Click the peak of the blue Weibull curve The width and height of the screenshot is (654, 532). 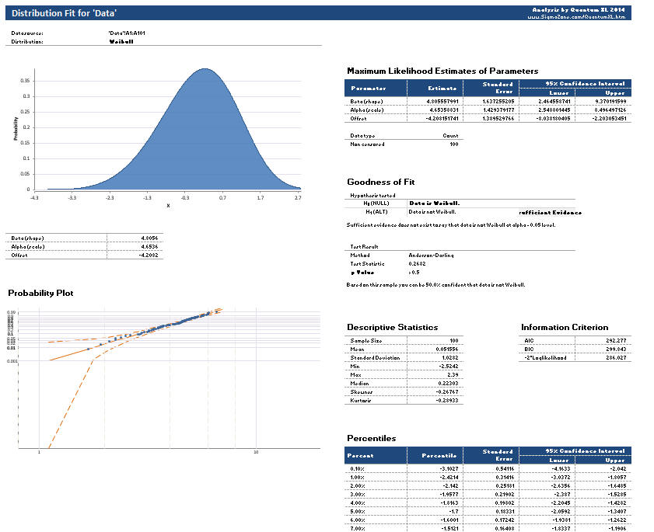[204, 68]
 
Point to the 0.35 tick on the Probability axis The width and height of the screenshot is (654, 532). [26, 80]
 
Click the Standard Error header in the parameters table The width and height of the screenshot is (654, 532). [497, 88]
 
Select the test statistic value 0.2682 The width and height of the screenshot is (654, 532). [417, 263]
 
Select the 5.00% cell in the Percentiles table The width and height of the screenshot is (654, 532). [359, 512]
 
